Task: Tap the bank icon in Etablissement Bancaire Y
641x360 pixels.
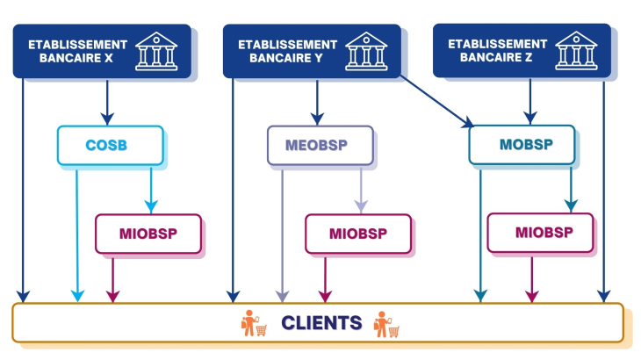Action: pos(364,50)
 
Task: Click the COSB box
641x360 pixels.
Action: pos(110,145)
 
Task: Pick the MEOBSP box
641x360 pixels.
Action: pos(320,145)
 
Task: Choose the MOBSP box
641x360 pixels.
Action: pos(522,145)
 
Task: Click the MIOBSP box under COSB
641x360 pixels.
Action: pos(148,234)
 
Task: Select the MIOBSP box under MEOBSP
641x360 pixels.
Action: pos(358,234)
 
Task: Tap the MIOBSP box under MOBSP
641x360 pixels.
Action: pos(540,233)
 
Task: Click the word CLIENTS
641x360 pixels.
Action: pos(321,323)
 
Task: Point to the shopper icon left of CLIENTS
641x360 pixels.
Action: pos(253,323)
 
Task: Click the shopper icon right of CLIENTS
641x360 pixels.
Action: pos(386,323)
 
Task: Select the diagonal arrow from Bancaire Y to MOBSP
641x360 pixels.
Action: pos(435,102)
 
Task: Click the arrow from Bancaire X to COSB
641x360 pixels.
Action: pos(107,101)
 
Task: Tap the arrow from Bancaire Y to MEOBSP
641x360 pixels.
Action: pos(318,101)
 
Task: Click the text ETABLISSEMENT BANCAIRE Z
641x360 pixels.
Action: pos(497,50)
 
